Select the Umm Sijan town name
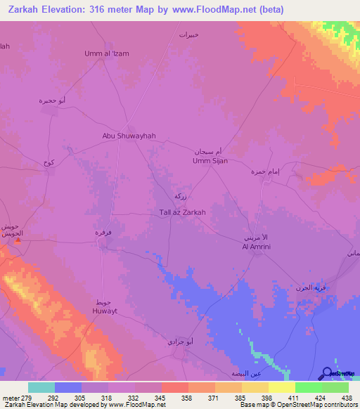[210, 161]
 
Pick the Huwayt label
[103, 309]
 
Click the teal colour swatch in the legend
[41, 387]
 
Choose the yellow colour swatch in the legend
[282, 387]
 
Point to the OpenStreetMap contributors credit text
[316, 405]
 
